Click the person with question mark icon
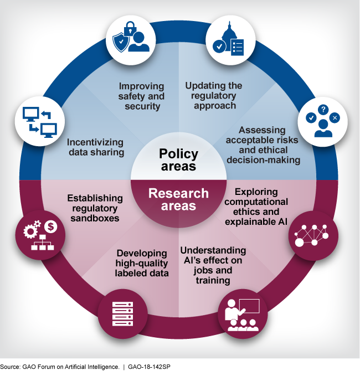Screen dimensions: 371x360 (323, 122)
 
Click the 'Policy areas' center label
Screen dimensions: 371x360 (178, 159)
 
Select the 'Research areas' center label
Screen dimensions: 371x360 (178, 199)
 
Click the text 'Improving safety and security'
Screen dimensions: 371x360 (142, 96)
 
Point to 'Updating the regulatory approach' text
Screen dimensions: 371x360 (214, 95)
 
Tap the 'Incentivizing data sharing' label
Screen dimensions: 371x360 (95, 147)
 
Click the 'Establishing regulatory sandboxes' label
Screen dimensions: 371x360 (95, 208)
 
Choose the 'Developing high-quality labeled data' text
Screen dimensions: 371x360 (142, 262)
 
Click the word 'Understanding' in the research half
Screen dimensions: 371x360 (213, 250)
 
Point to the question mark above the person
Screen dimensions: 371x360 (323, 110)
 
